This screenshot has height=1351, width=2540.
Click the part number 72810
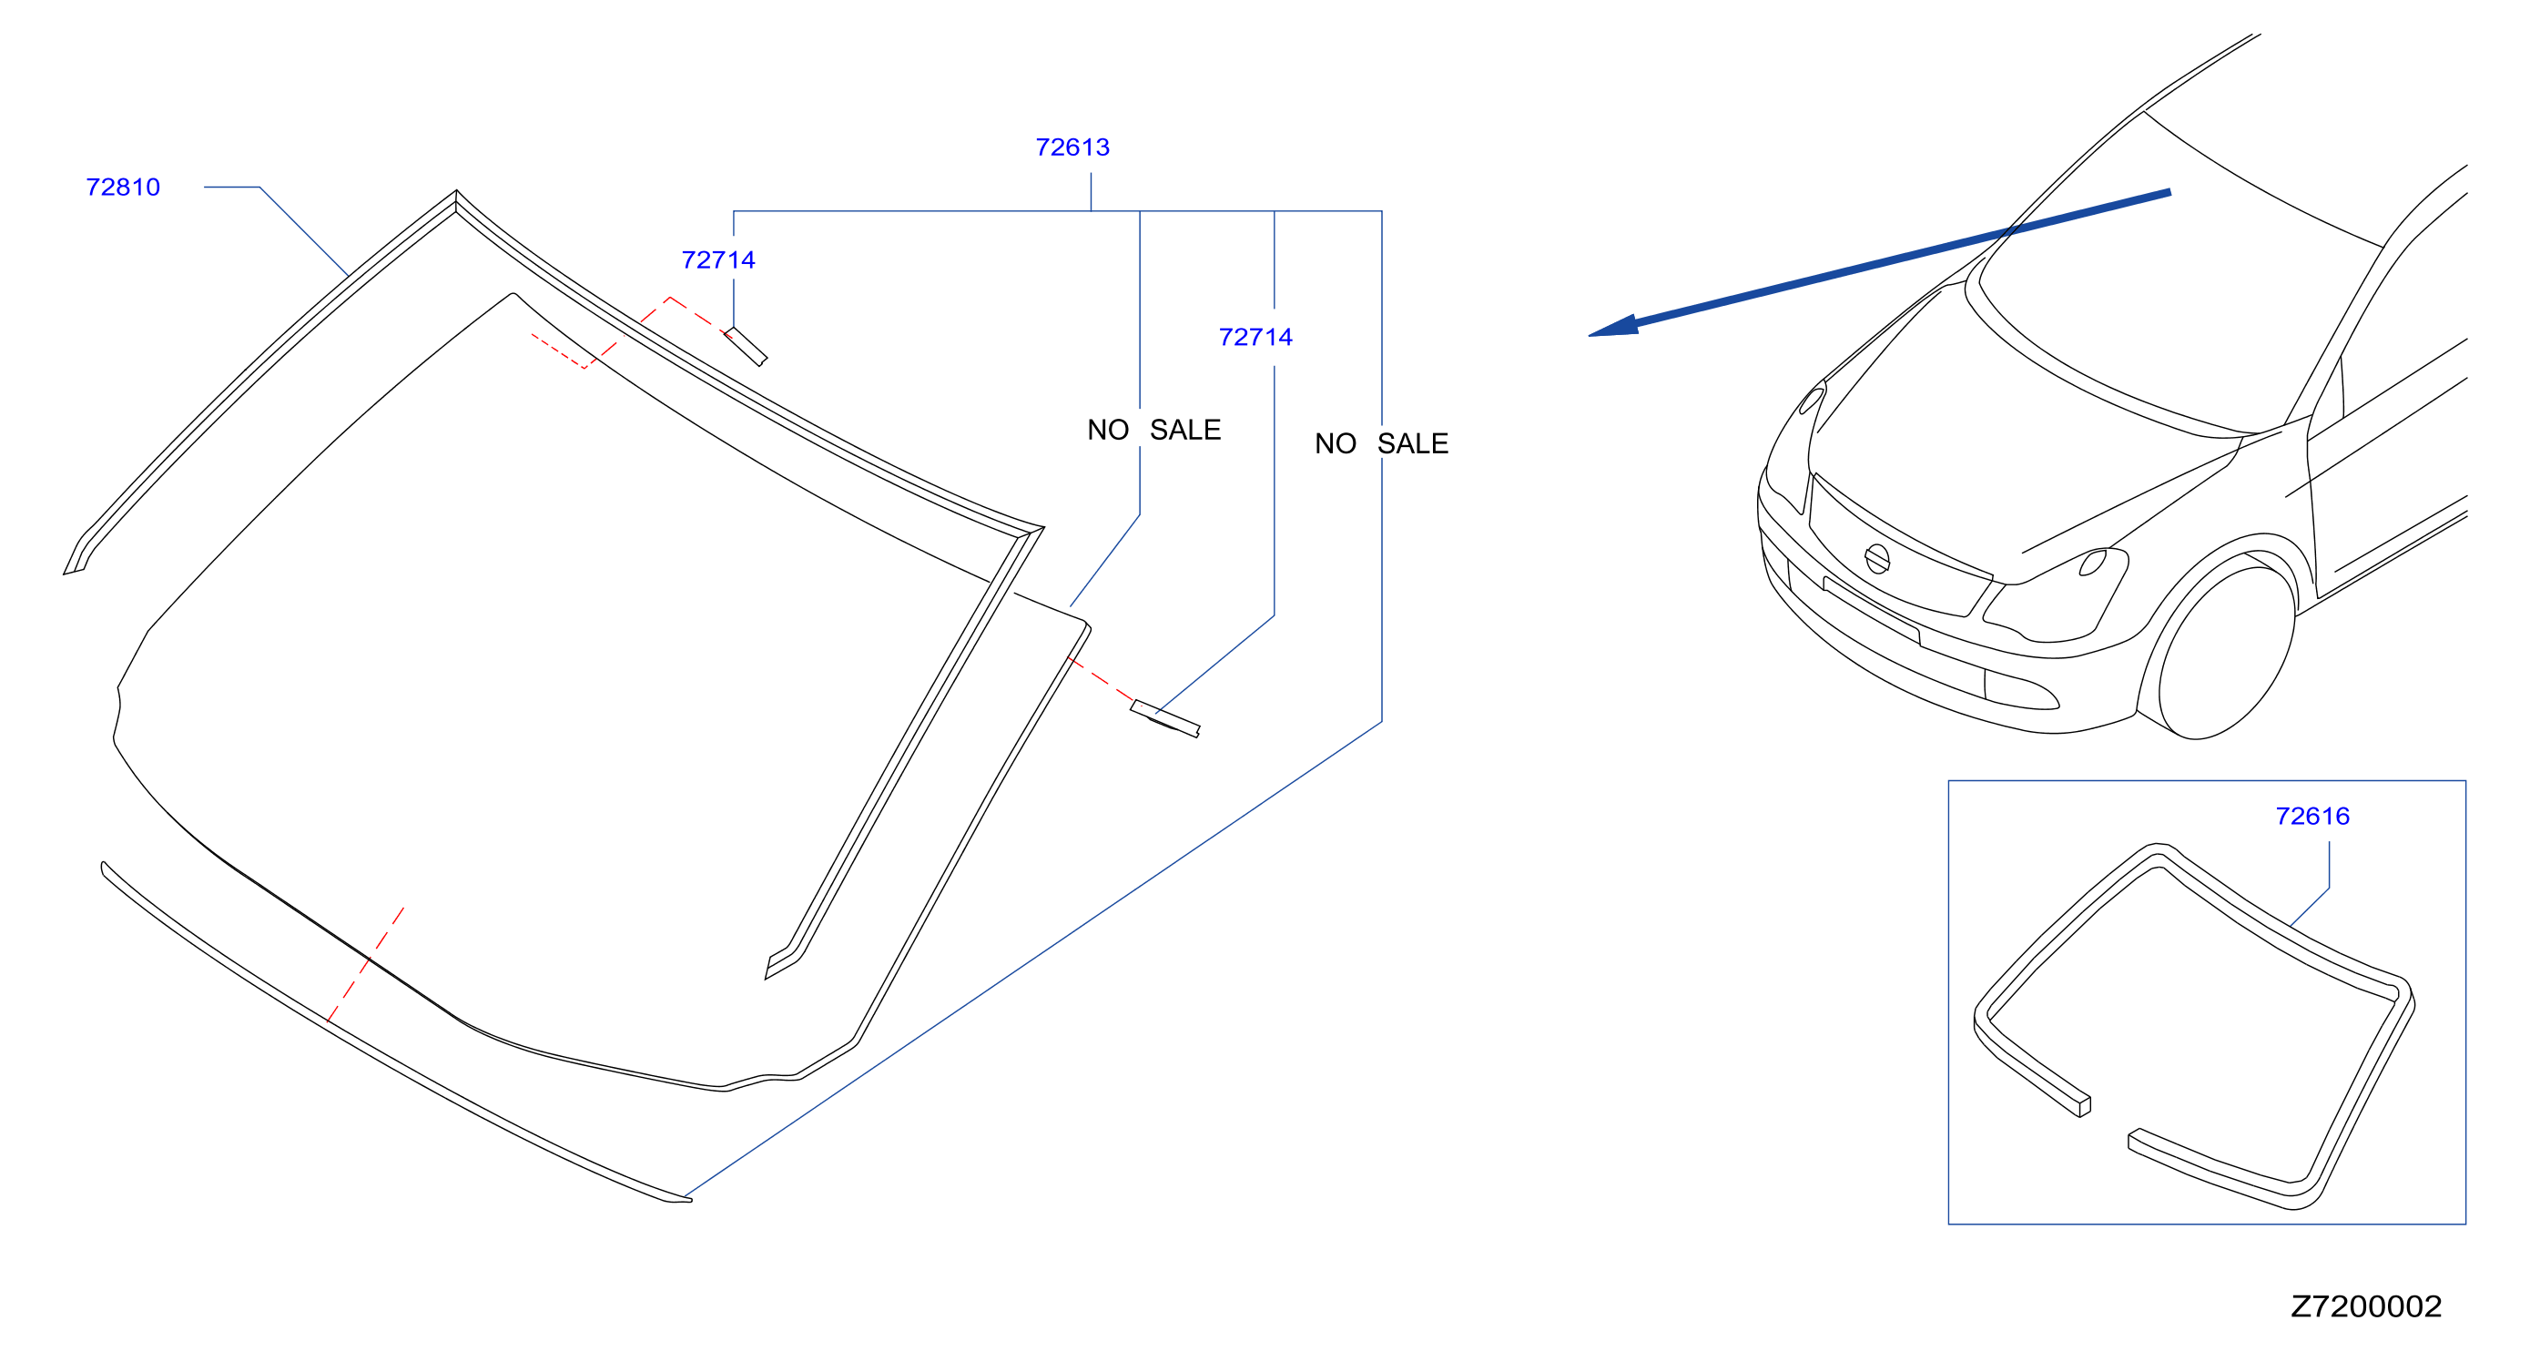coord(123,188)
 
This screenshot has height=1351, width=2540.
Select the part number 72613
coord(1072,147)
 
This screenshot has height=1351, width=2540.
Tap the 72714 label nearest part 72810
coord(719,259)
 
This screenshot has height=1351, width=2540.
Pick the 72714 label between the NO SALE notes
coord(1256,337)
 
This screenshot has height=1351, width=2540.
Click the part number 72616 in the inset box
coord(2313,817)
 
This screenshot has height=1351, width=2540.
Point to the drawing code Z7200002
coord(2366,1306)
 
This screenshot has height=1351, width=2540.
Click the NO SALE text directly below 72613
coord(1154,430)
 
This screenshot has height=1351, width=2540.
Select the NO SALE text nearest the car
coord(1381,443)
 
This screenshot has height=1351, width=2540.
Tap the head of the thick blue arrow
coord(1590,335)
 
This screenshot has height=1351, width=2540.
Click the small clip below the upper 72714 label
coord(747,346)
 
